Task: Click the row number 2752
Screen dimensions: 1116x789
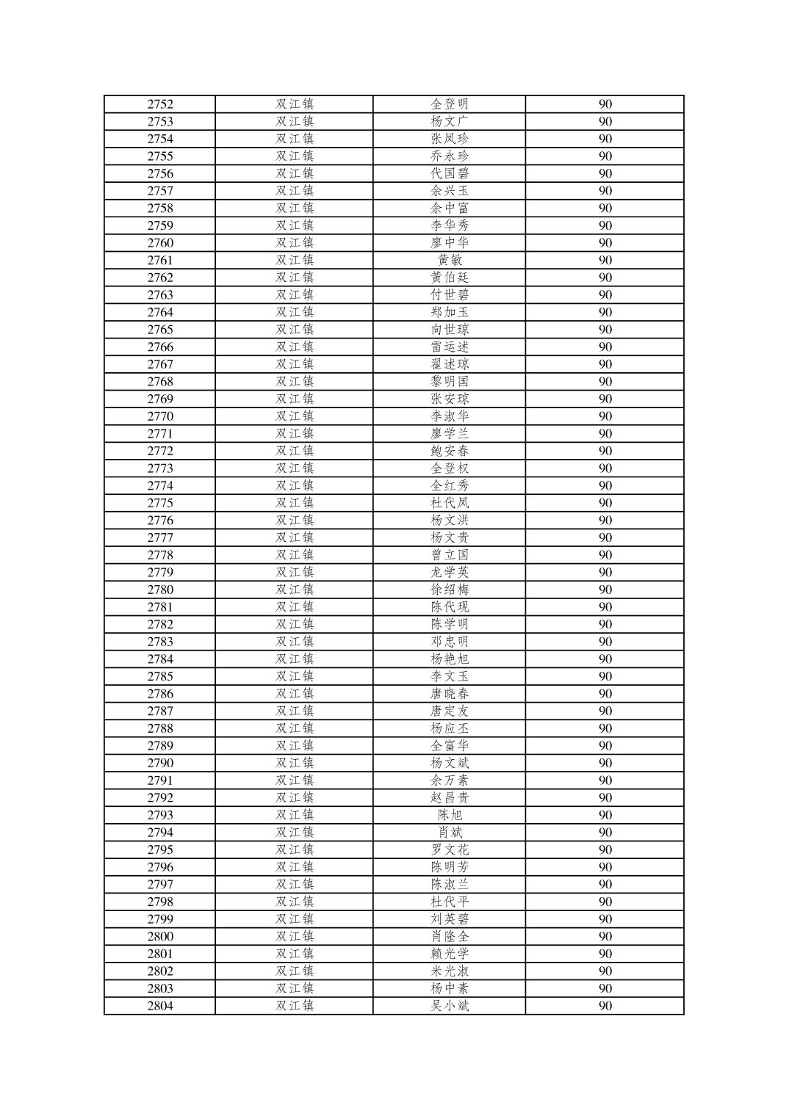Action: tap(160, 104)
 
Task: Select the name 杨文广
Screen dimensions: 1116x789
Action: tap(449, 122)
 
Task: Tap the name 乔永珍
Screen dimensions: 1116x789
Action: tap(449, 156)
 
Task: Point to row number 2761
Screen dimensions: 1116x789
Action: tap(160, 261)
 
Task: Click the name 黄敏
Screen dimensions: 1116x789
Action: tap(449, 261)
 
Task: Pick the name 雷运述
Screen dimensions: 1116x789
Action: tap(449, 347)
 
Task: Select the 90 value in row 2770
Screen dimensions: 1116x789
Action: tap(605, 416)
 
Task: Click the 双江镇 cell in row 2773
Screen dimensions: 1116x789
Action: tap(295, 468)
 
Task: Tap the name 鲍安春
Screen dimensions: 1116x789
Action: tap(449, 451)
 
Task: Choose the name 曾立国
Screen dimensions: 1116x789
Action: tap(449, 555)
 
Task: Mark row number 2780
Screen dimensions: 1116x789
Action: tap(160, 590)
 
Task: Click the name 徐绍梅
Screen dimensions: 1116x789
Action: tap(449, 590)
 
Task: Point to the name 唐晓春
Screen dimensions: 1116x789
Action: tap(449, 694)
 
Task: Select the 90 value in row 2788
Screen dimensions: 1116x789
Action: tap(605, 728)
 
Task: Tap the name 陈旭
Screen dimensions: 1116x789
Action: tap(449, 815)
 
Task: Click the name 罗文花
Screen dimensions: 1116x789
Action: tap(449, 849)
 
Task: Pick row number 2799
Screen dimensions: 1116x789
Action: tap(160, 919)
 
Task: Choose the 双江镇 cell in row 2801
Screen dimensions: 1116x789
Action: tap(295, 954)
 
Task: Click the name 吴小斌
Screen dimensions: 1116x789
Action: tap(449, 1006)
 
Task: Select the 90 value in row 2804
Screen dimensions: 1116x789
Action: tap(605, 1006)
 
